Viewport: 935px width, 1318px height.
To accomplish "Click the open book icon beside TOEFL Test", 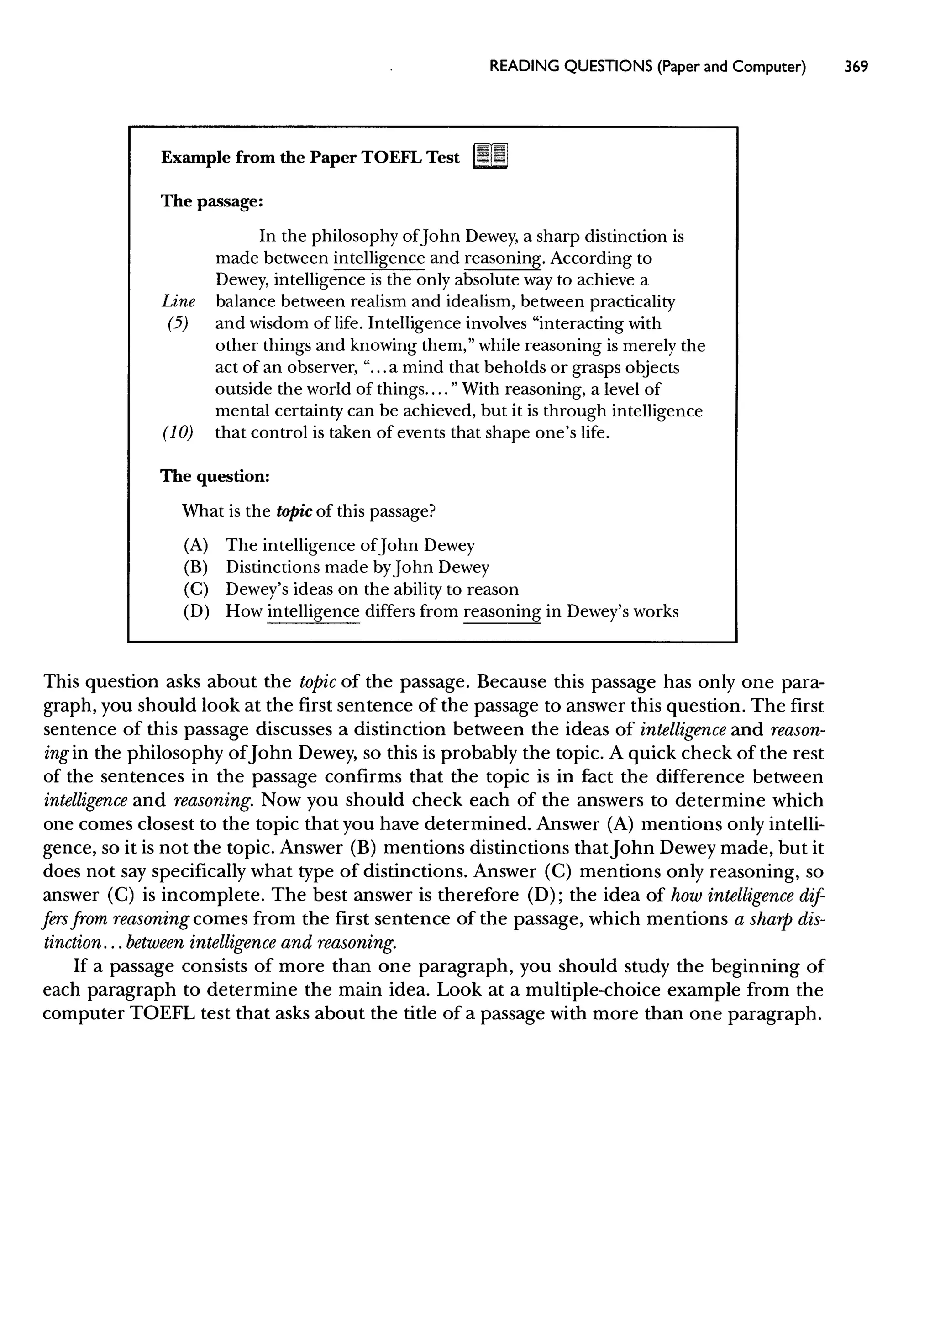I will click(490, 157).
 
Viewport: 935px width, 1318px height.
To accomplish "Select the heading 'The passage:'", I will click(211, 201).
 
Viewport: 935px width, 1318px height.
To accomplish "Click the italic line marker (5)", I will click(178, 324).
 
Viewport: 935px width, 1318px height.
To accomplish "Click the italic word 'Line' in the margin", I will click(178, 302).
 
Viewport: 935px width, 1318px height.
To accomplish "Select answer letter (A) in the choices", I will click(196, 545).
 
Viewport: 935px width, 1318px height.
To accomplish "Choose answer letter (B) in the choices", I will click(196, 567).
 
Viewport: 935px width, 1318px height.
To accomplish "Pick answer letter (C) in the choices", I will click(196, 589).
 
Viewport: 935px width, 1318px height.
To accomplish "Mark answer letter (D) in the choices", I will click(196, 611).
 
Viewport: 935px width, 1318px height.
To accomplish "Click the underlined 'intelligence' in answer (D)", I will click(313, 611).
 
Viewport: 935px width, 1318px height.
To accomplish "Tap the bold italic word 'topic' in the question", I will click(294, 511).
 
